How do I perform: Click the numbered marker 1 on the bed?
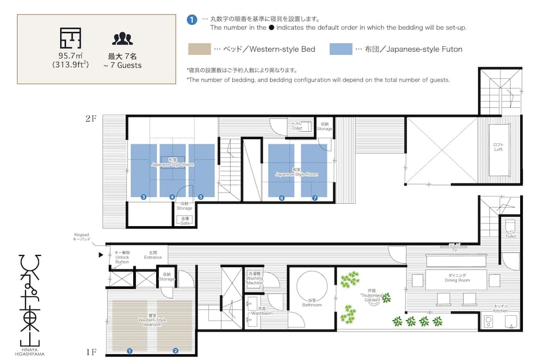[x=129, y=350]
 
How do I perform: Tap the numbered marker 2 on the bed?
[x=175, y=350]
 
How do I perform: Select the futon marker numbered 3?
[x=143, y=197]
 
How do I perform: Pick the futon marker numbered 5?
[x=200, y=197]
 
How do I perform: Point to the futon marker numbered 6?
[x=281, y=198]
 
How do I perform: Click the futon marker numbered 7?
[x=314, y=198]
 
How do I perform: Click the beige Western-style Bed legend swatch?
[x=199, y=49]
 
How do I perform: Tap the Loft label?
[x=498, y=147]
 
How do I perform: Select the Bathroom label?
[x=312, y=305]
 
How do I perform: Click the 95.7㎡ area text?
[x=70, y=55]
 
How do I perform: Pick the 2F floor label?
[x=91, y=119]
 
